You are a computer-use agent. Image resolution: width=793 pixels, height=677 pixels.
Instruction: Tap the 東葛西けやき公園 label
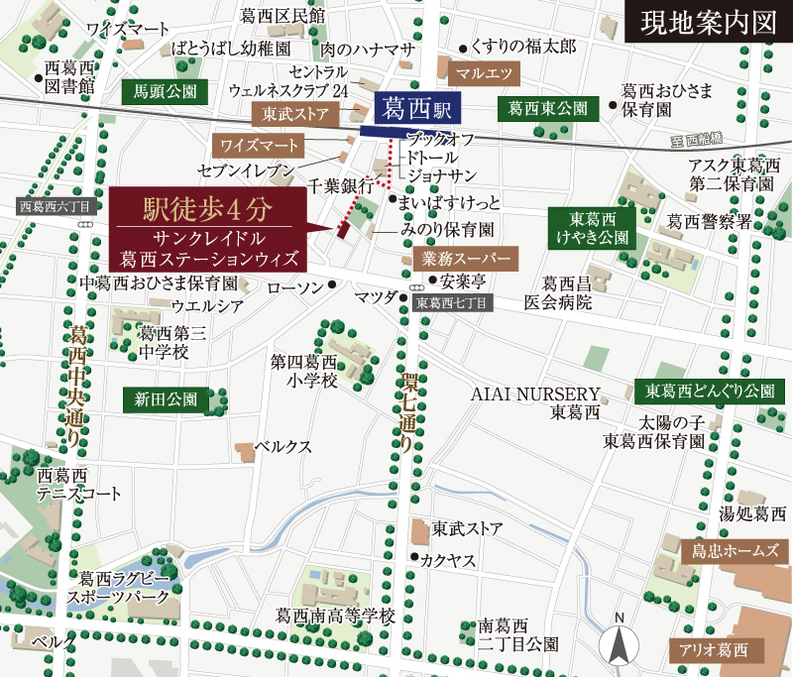tap(592, 229)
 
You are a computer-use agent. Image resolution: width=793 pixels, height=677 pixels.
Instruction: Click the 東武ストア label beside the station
tap(294, 115)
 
